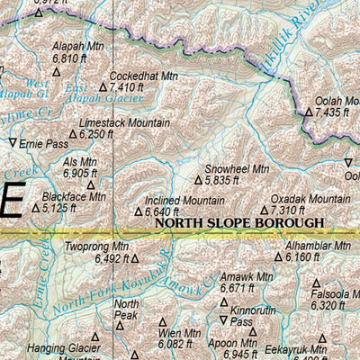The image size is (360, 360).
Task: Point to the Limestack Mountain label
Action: pos(124,121)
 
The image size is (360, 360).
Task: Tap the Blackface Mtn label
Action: pos(74,196)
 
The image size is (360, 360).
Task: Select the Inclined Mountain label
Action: pos(184,200)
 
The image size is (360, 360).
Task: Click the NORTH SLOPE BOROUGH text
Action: pos(238,221)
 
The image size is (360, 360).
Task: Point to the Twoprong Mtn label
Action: pos(97,246)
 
